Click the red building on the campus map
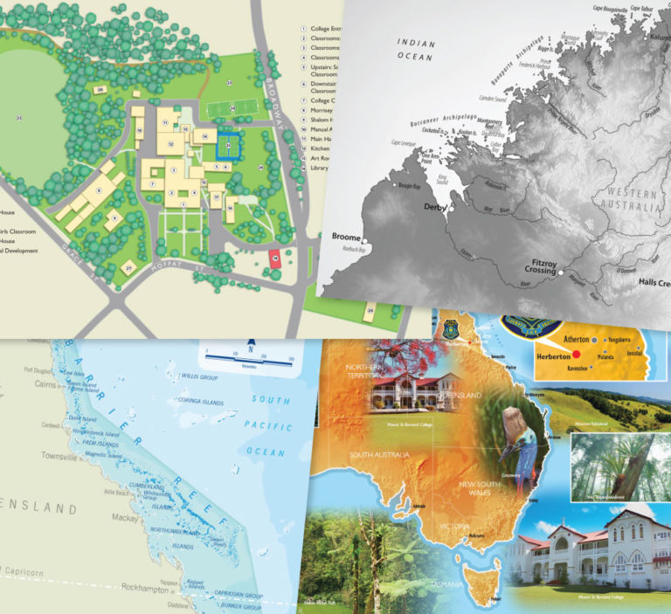tap(273, 258)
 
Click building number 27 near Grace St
tap(128, 268)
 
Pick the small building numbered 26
tap(100, 90)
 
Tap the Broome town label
tap(348, 237)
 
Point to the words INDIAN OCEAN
tap(415, 50)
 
